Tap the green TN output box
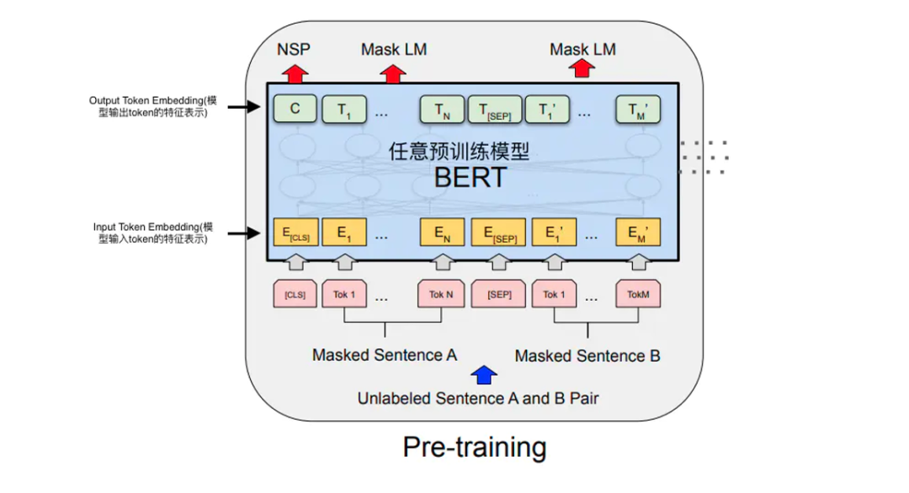442,109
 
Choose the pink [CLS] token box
295,294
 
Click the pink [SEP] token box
499,294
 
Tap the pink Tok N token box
441,294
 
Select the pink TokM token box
638,294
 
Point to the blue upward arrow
485,374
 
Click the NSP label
294,50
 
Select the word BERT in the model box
470,178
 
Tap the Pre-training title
475,447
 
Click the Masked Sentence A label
385,355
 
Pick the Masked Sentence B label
587,356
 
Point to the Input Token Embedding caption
153,233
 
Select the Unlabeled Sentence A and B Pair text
478,398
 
